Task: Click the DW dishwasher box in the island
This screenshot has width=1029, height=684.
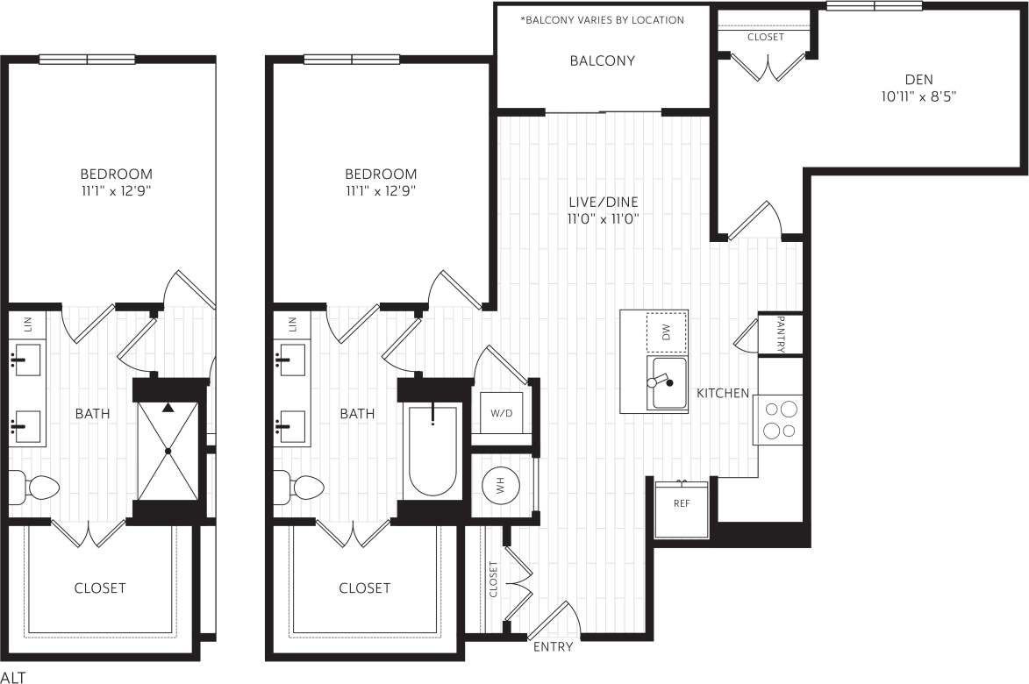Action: [x=667, y=332]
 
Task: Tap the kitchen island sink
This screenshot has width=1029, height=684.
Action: [x=668, y=382]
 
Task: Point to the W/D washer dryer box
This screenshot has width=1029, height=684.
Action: [x=501, y=413]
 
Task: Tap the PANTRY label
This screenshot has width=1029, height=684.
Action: [x=780, y=334]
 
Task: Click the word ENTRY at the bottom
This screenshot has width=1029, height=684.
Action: [x=553, y=647]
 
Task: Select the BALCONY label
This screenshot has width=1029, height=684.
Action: [x=602, y=61]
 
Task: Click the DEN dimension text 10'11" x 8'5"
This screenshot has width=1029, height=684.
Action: [x=918, y=97]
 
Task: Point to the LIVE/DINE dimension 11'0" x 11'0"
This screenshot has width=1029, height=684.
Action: [x=602, y=218]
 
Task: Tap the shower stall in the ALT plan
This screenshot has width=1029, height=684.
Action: [x=167, y=451]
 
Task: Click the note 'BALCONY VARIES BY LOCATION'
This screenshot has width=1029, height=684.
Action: [x=602, y=19]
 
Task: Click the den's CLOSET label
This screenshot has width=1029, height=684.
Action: [x=765, y=38]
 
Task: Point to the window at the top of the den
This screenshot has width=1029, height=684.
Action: [x=874, y=6]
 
